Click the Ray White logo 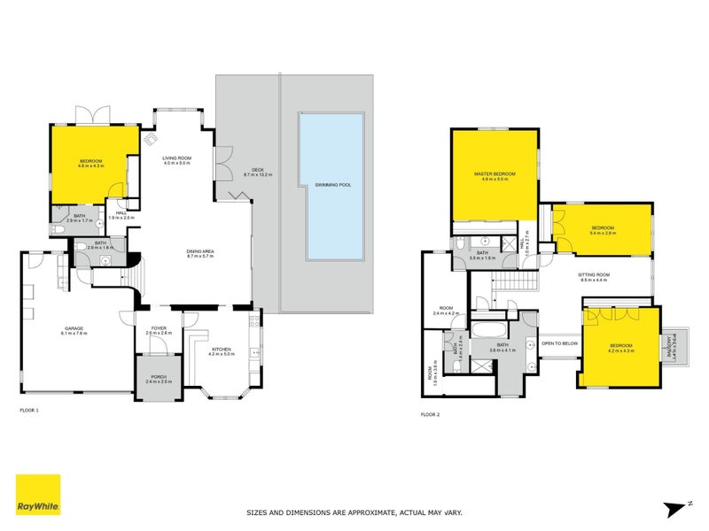point(38,495)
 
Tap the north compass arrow point(676,508)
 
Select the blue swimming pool point(335,187)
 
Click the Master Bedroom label point(495,175)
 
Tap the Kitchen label point(221,350)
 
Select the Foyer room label point(158,329)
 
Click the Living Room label point(176,160)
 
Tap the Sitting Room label point(594,277)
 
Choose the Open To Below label point(559,342)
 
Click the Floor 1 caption point(30,412)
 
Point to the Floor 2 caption point(431,413)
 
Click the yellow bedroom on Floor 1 point(93,162)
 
